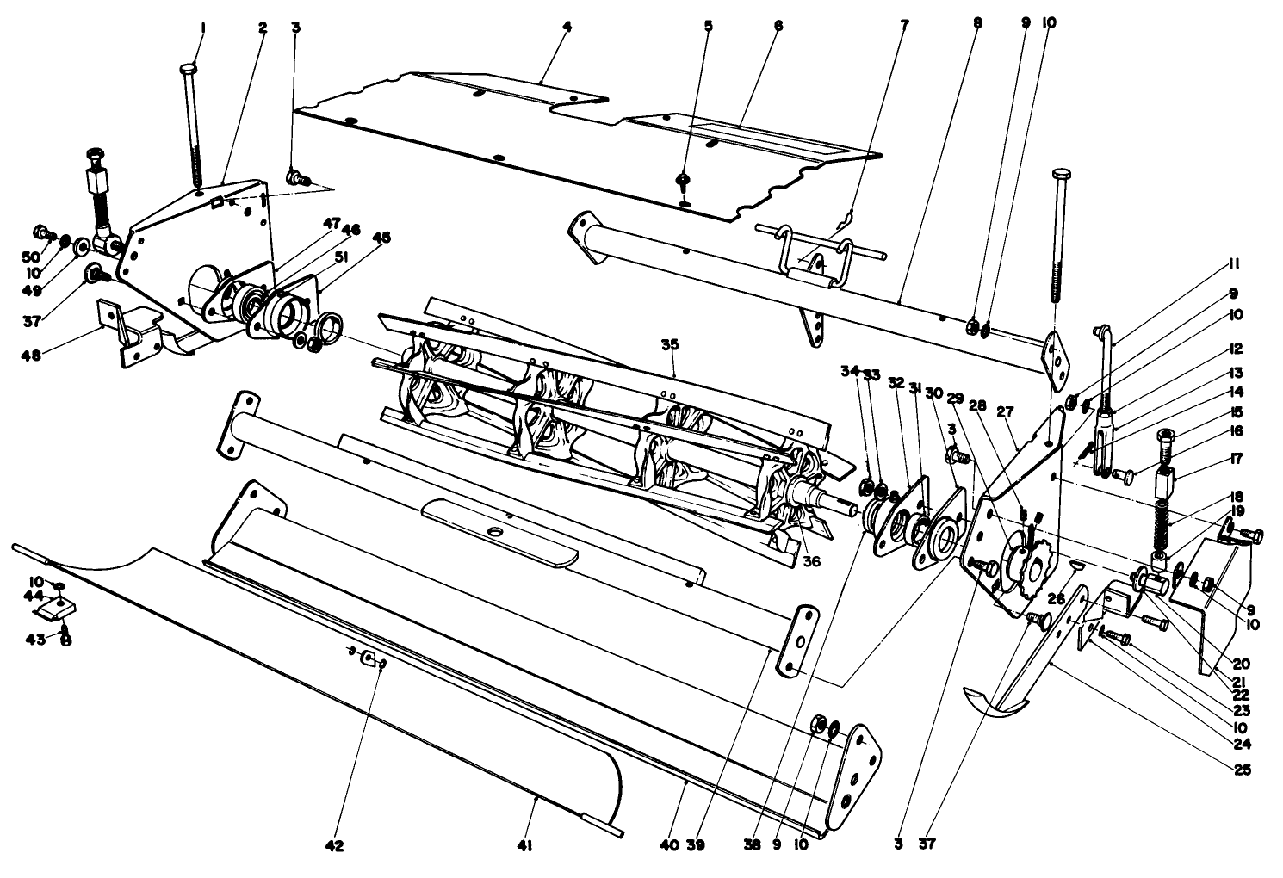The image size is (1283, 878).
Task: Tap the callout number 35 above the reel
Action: pyautogui.click(x=670, y=345)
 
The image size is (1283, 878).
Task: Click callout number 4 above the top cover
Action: pyautogui.click(x=567, y=28)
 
